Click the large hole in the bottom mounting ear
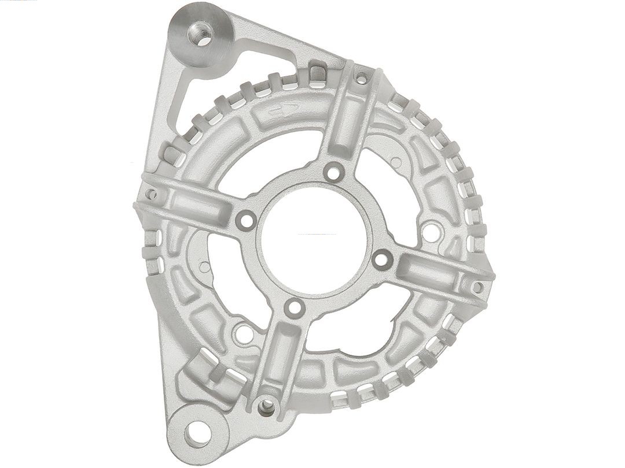[198, 433]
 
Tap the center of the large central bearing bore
[313, 239]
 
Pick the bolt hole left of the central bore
[245, 220]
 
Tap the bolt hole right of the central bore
[381, 258]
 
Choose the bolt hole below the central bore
[295, 308]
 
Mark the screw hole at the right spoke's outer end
[477, 287]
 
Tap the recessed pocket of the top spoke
[348, 118]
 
